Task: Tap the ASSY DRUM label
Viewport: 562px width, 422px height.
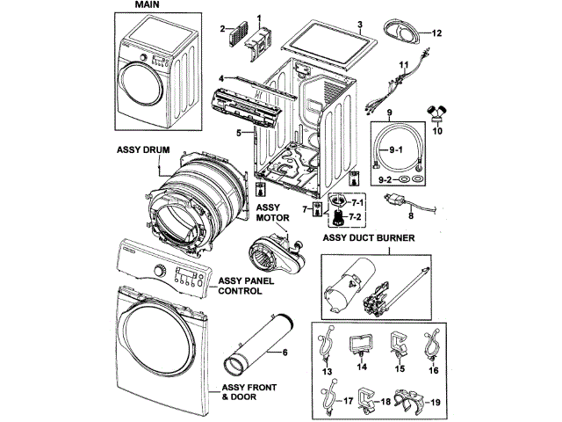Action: (x=141, y=149)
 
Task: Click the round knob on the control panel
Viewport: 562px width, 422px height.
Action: (x=159, y=270)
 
